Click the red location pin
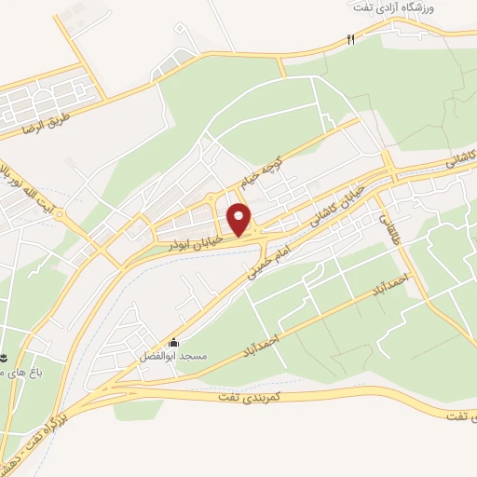pos(240,220)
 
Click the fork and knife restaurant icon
pos(351,40)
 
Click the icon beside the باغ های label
pos(4,358)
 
